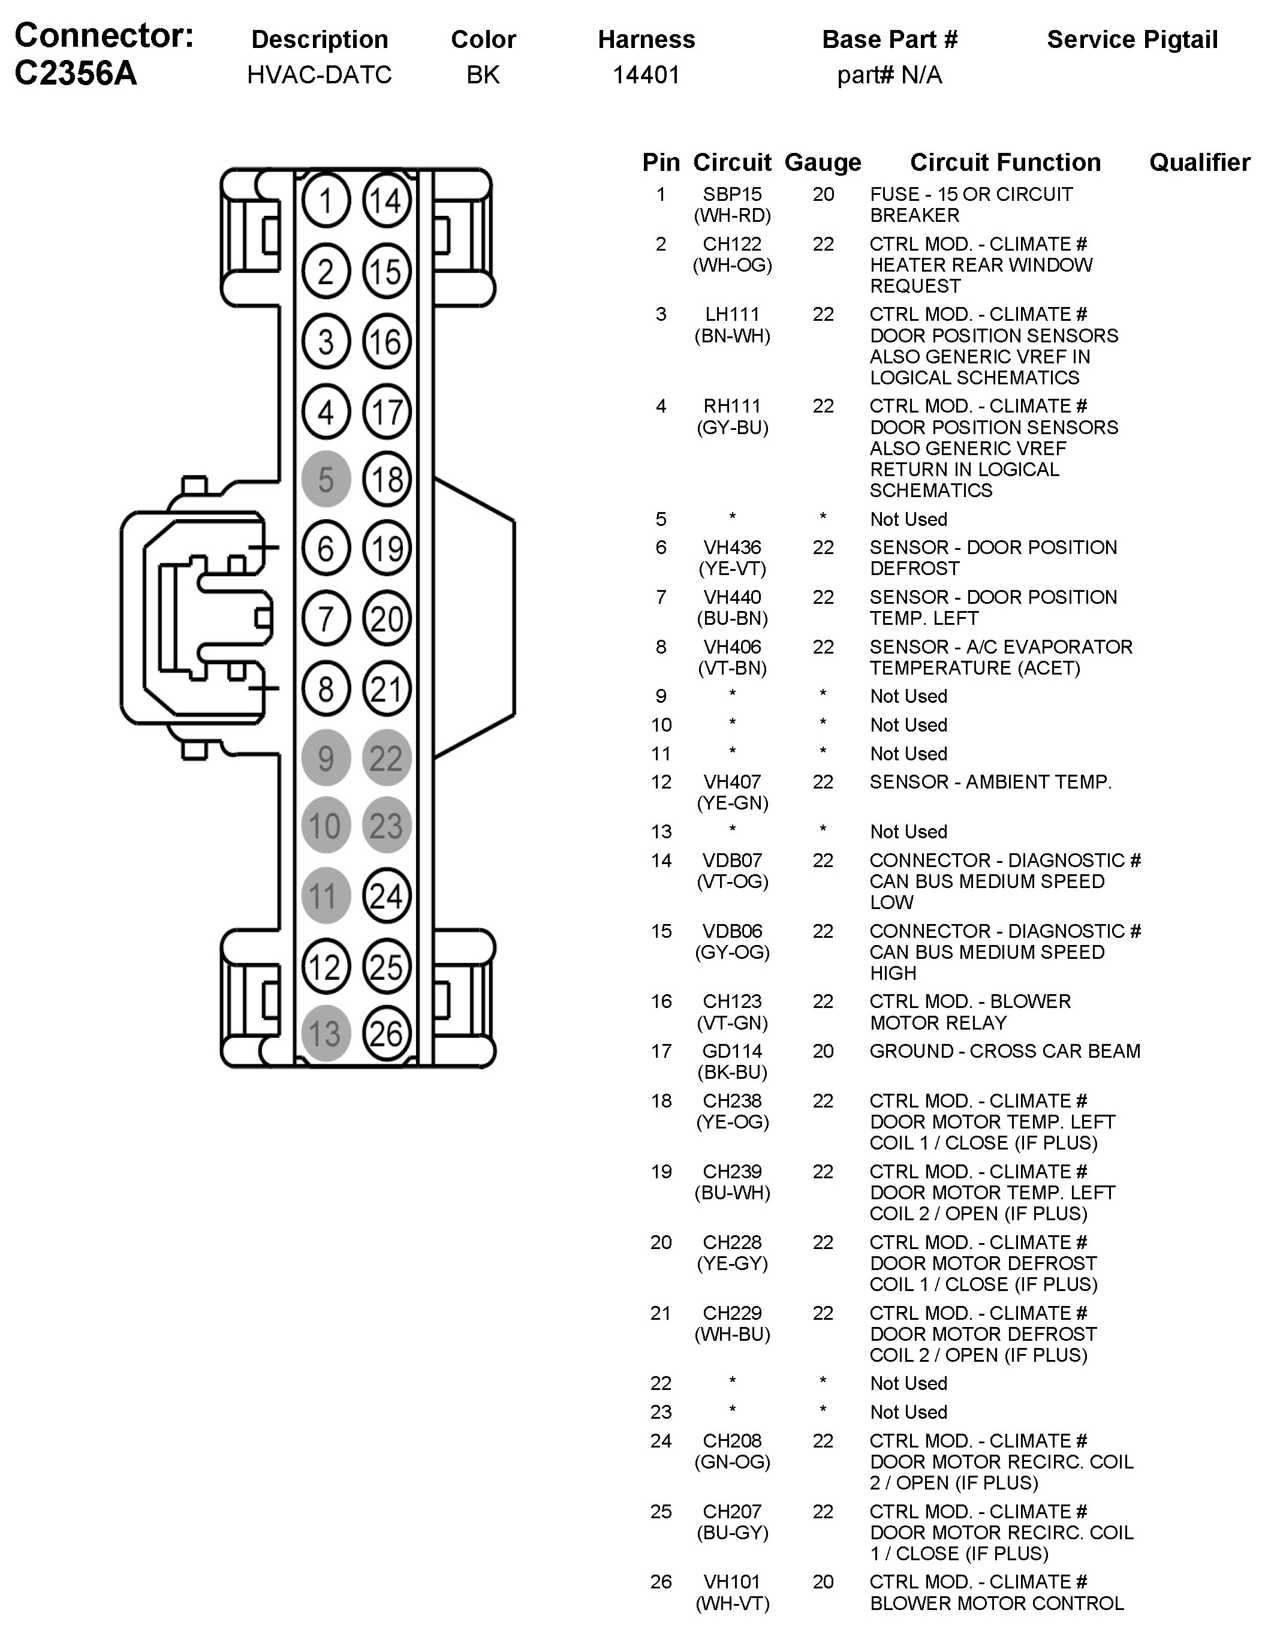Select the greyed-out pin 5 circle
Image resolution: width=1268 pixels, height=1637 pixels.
pyautogui.click(x=326, y=479)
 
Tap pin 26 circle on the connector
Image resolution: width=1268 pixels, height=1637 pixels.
pyautogui.click(x=387, y=1034)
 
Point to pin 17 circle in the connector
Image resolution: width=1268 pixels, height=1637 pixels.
pyautogui.click(x=387, y=411)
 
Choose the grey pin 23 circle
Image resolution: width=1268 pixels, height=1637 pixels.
pyautogui.click(x=387, y=826)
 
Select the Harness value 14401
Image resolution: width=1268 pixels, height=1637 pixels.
pyautogui.click(x=646, y=75)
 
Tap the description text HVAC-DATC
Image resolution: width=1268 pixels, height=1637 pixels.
pyautogui.click(x=319, y=75)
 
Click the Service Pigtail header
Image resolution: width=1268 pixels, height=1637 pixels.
pyautogui.click(x=1132, y=40)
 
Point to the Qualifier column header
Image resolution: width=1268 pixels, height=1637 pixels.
pyautogui.click(x=1199, y=163)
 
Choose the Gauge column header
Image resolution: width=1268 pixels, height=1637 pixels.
pyautogui.click(x=822, y=163)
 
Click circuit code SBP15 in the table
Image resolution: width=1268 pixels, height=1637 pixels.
pyautogui.click(x=732, y=194)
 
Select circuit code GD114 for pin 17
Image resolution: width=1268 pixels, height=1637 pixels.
pyautogui.click(x=732, y=1051)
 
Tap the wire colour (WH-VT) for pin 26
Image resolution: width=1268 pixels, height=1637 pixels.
pyautogui.click(x=732, y=1603)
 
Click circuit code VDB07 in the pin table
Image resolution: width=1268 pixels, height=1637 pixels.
pyautogui.click(x=732, y=860)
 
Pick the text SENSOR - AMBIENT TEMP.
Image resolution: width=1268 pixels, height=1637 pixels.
pyautogui.click(x=990, y=782)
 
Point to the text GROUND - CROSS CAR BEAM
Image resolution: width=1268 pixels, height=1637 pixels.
pyautogui.click(x=1004, y=1051)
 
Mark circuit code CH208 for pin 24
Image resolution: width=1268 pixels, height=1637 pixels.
pyautogui.click(x=732, y=1440)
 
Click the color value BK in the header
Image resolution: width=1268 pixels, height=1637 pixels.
pyautogui.click(x=483, y=75)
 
